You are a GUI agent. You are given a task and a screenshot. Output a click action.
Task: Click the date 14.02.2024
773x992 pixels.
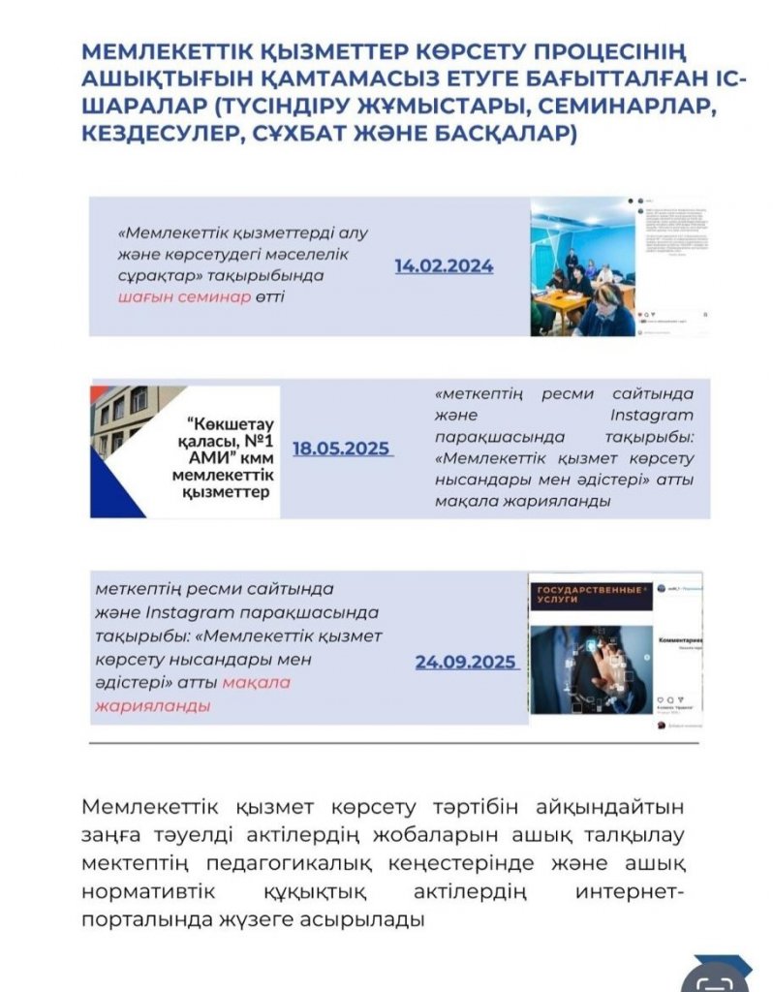(444, 266)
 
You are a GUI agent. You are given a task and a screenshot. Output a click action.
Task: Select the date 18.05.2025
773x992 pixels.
(341, 449)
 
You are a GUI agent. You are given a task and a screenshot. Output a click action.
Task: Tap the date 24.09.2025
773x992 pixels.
(465, 663)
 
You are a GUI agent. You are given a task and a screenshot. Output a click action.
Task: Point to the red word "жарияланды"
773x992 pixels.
(152, 705)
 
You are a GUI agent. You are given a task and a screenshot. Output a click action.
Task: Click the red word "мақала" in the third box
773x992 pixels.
(256, 683)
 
